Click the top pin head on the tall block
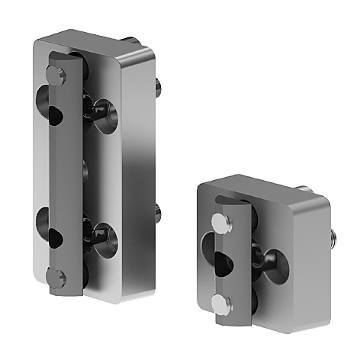[53, 73]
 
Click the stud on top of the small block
[302, 187]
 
